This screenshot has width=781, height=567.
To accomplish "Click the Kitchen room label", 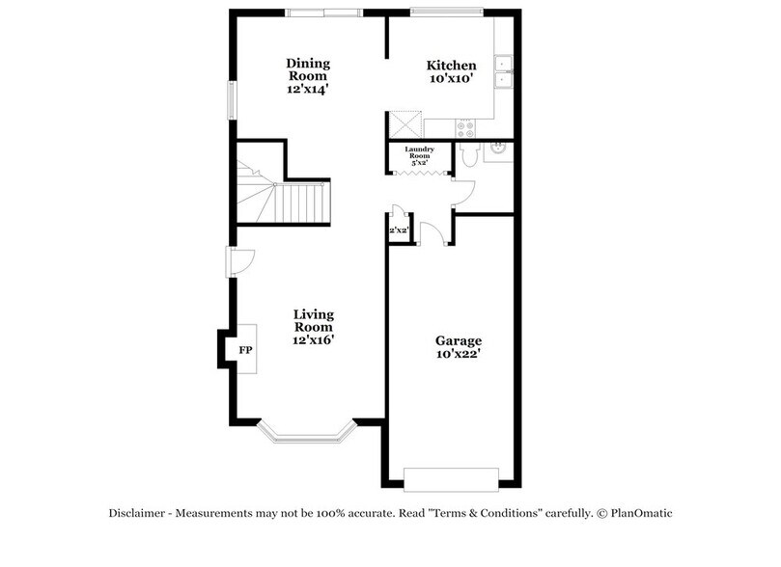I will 451,72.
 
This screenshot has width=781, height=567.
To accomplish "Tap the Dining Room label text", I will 307,75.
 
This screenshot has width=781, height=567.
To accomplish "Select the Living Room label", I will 314,327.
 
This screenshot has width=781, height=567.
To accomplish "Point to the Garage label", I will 458,347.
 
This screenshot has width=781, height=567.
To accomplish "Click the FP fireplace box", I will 245,349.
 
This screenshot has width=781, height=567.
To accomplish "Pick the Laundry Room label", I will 419,155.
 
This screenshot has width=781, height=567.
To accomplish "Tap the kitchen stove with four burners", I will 464,127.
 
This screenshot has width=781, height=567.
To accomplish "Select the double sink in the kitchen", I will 503,72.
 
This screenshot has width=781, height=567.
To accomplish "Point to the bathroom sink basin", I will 498,148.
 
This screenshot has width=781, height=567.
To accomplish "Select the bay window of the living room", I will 307,436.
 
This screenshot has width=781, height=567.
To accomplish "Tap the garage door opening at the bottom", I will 451,478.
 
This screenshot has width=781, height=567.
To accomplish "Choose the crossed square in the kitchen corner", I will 404,124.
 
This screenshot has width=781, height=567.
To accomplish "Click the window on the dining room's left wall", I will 232,100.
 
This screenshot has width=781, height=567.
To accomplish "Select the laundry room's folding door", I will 419,173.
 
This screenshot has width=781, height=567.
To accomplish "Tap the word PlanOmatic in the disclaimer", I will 639,514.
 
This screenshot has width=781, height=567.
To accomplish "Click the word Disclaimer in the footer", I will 138,514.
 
